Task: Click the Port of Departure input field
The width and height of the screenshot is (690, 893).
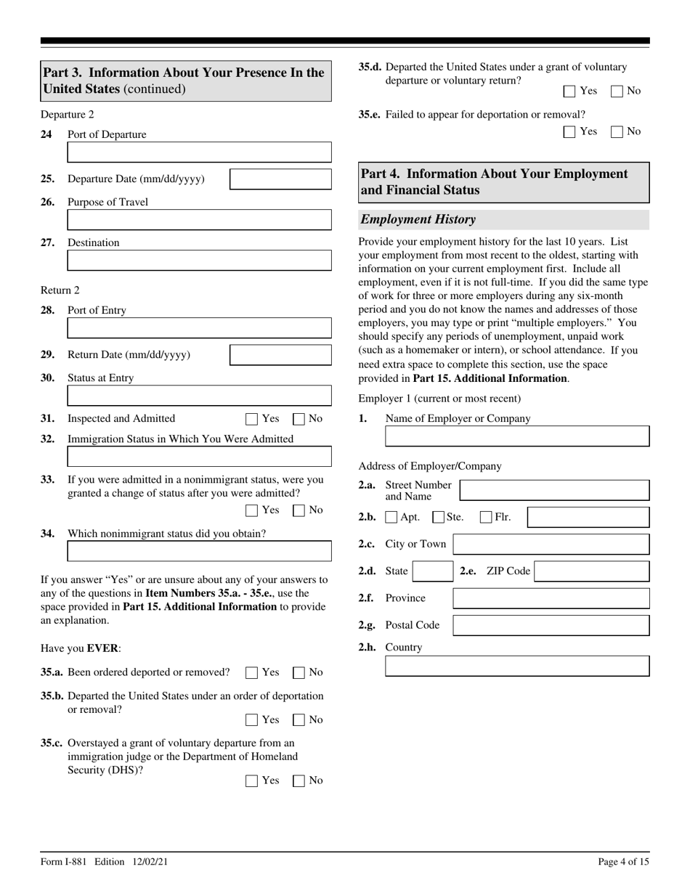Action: point(199,152)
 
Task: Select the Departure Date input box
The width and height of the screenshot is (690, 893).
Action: point(280,179)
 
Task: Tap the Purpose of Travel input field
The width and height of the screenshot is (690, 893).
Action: point(199,219)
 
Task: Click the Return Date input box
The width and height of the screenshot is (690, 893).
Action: point(280,355)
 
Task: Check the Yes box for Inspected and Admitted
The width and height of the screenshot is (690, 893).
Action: point(252,419)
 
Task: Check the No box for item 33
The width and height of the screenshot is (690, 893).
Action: point(299,510)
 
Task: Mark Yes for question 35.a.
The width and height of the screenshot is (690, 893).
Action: point(252,672)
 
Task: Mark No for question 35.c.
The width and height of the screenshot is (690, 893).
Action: point(299,781)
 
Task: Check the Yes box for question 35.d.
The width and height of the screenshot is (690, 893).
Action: point(569,91)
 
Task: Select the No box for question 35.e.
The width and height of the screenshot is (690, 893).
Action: point(617,132)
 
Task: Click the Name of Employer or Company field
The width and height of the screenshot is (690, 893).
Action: point(516,436)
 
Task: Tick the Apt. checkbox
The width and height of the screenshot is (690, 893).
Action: point(391,518)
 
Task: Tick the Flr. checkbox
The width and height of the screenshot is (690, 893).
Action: point(486,518)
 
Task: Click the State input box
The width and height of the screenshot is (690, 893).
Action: point(432,571)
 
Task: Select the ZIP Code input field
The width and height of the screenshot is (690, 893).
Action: point(592,571)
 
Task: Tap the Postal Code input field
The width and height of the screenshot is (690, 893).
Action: point(551,625)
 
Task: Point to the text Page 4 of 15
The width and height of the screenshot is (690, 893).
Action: point(623,862)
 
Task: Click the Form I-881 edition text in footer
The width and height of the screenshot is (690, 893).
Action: point(105,862)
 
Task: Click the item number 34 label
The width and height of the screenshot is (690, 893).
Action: point(47,534)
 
